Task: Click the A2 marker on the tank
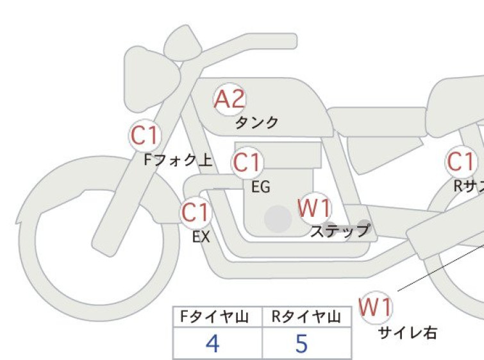point(229,99)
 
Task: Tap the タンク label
point(257,123)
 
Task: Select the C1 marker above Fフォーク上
point(145,135)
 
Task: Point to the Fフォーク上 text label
point(178,160)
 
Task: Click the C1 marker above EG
point(247,162)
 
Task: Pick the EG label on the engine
point(261,187)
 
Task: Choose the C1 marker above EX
point(196,212)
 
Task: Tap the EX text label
point(201,237)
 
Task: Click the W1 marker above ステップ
point(315,208)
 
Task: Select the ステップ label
point(340,230)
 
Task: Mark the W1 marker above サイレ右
point(376,307)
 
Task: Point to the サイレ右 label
point(408,333)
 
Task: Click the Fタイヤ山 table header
point(214,317)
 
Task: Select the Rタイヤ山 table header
point(306,317)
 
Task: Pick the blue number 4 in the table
point(213,343)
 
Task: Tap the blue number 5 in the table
point(301,343)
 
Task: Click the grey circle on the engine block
point(278,219)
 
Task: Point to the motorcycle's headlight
point(151,79)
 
